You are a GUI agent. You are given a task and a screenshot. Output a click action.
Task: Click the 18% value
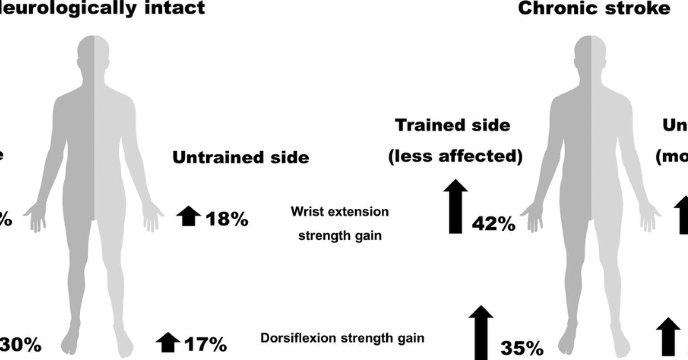click(227, 220)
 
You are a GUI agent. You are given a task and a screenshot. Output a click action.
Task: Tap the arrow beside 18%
click(188, 216)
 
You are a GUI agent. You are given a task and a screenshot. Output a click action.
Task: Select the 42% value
click(493, 224)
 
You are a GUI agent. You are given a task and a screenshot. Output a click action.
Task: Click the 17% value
click(205, 345)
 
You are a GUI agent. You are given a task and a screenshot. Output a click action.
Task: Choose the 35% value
click(522, 348)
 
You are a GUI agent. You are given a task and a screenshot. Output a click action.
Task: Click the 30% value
click(21, 346)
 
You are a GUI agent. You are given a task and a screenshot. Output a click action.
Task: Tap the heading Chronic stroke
click(594, 8)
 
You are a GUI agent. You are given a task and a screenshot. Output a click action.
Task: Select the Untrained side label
click(241, 157)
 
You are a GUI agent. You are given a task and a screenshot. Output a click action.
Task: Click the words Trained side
click(453, 125)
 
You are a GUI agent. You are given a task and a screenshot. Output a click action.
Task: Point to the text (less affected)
click(455, 157)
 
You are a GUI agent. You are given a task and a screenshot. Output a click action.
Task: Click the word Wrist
click(306, 211)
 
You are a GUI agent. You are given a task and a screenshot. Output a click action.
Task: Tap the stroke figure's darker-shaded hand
click(533, 216)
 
